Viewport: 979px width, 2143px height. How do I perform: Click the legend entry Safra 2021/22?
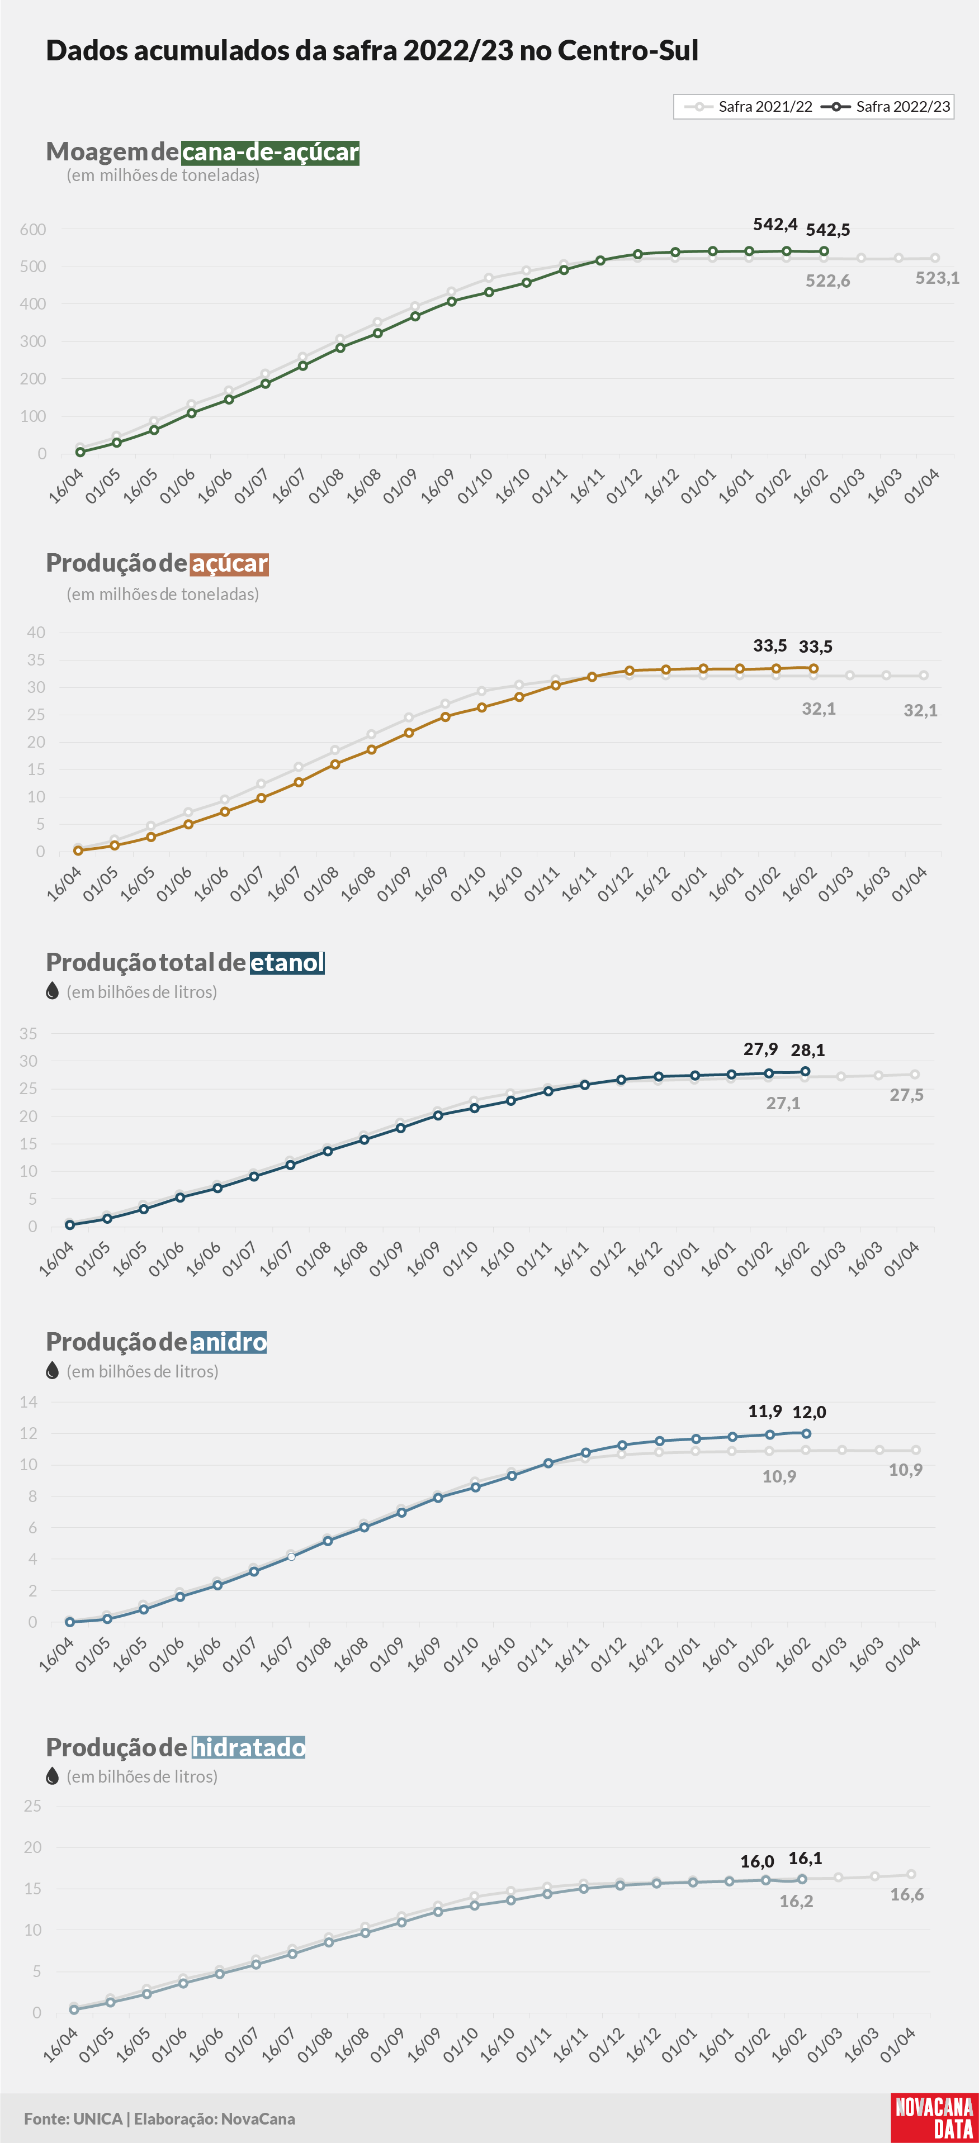(748, 107)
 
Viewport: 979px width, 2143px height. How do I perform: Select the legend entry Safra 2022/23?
(885, 107)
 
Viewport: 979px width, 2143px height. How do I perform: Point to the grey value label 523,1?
(938, 278)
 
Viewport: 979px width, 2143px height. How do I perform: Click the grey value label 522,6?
(827, 281)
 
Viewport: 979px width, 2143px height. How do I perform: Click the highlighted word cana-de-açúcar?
(271, 151)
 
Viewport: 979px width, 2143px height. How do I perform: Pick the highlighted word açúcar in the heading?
(230, 563)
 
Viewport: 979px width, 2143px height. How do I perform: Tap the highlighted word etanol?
(287, 962)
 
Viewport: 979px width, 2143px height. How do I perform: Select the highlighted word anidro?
(229, 1341)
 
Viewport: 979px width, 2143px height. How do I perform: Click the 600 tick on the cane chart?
(34, 230)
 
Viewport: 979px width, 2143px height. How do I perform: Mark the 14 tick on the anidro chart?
(29, 1402)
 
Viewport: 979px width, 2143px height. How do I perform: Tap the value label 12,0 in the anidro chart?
(809, 1412)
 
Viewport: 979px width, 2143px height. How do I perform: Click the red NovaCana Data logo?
(934, 2117)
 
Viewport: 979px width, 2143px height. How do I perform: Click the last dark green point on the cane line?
(824, 251)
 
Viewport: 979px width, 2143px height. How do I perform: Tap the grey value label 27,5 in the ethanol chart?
(906, 1095)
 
